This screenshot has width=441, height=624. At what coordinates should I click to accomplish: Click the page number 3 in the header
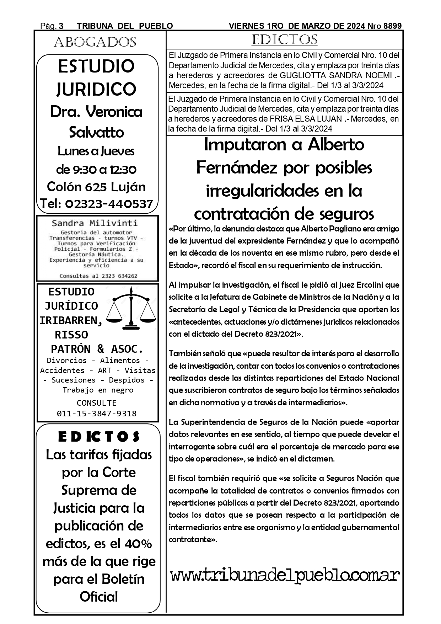point(61,26)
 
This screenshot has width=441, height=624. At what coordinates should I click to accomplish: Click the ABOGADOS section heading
point(95,42)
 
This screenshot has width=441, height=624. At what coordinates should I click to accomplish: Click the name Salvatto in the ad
point(96,132)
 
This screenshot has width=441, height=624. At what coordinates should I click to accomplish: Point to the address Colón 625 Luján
point(96,187)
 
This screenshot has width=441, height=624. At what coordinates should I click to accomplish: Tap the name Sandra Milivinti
point(95,223)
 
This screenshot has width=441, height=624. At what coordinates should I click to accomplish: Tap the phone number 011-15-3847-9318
point(97,414)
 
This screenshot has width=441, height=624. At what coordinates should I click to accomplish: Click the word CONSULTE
point(97,403)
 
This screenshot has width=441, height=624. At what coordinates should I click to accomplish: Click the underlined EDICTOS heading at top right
point(284,40)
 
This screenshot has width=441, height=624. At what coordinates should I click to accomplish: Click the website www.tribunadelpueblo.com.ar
point(284,575)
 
